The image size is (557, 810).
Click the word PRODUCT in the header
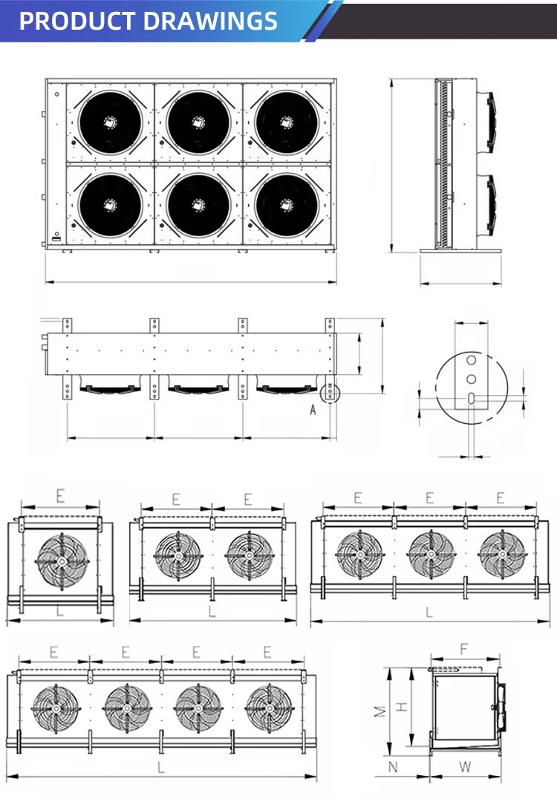[77, 21]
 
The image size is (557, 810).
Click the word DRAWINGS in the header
[210, 21]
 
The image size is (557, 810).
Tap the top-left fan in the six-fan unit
[110, 123]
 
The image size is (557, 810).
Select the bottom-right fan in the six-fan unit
[287, 205]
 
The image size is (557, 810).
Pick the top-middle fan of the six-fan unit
[198, 123]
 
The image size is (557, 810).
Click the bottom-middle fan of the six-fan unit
[198, 205]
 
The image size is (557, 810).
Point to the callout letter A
[313, 410]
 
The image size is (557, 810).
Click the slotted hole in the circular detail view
[472, 398]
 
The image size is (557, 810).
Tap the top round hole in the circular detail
[472, 359]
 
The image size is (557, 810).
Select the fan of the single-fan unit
[62, 561]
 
